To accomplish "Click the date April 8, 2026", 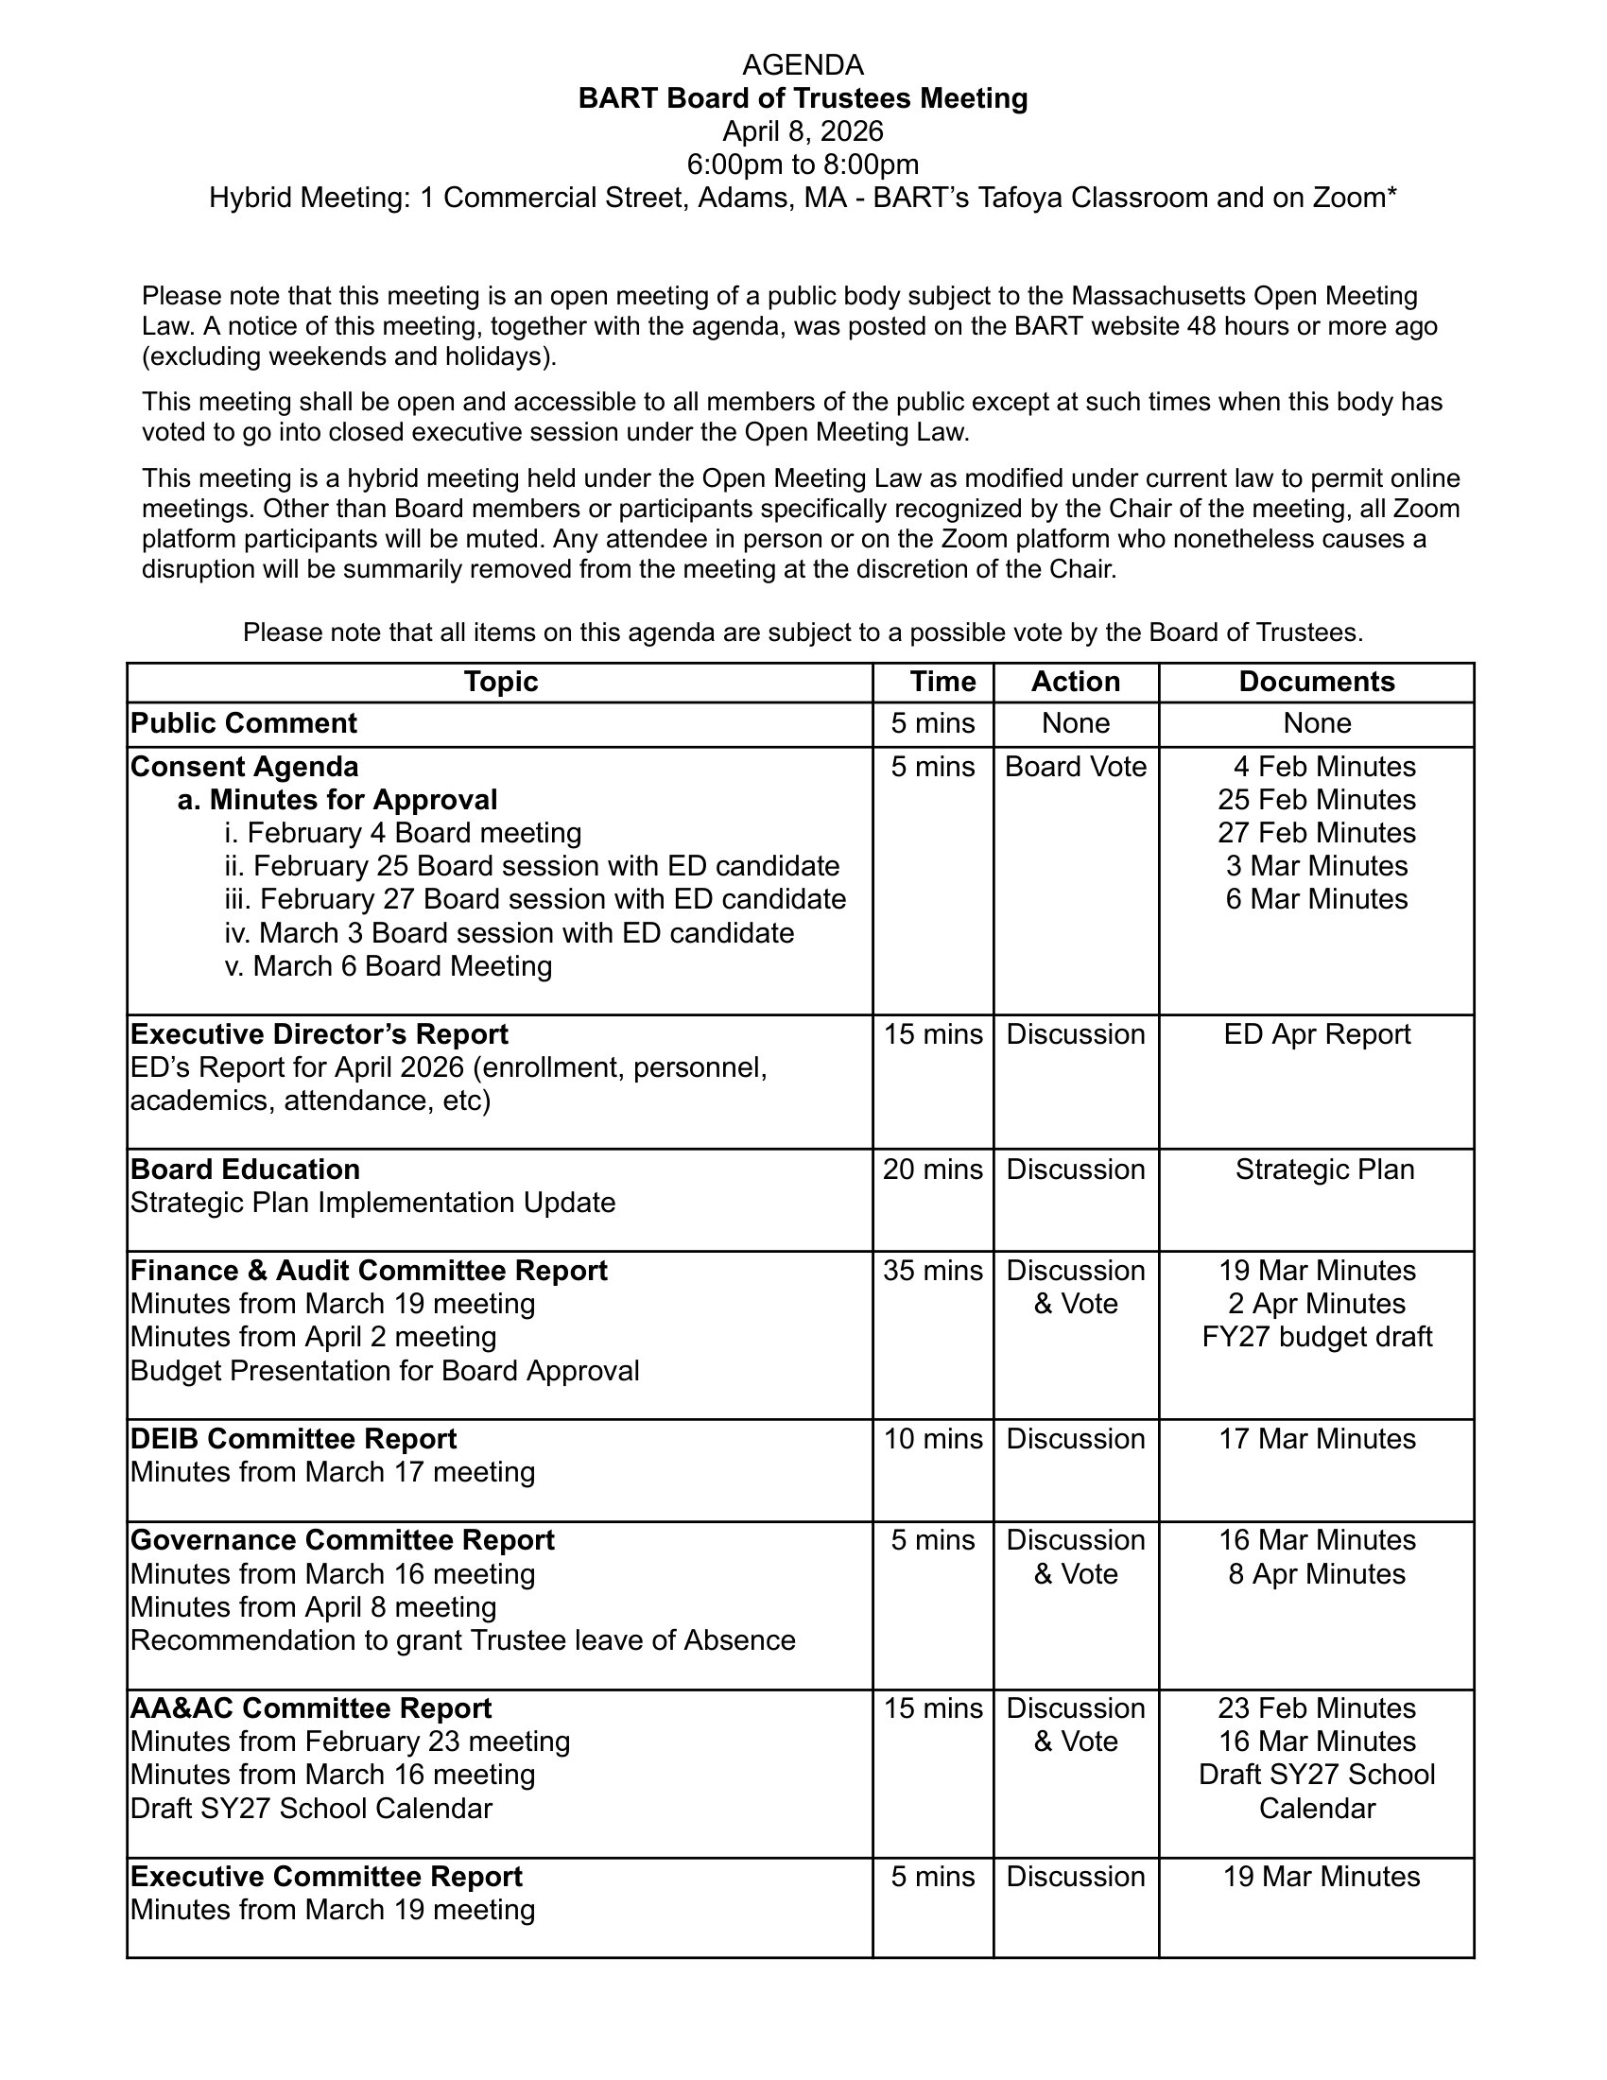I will tap(803, 130).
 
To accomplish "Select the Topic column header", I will tap(501, 681).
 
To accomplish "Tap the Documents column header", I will tap(1316, 681).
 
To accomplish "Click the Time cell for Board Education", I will tap(932, 1170).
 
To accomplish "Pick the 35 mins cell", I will tap(932, 1271).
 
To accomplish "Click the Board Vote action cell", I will tap(1076, 767).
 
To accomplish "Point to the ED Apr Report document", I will tap(1317, 1034).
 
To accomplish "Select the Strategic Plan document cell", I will tap(1324, 1170).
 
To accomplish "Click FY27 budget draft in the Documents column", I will tap(1317, 1337).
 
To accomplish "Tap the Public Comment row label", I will tap(244, 723).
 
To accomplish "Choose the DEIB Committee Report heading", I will tap(293, 1439).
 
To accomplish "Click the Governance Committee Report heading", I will tap(342, 1540).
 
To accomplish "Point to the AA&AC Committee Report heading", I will tap(310, 1708).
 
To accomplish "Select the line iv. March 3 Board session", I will tap(510, 932).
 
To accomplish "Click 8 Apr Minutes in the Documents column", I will tap(1317, 1574).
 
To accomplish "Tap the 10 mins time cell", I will tap(932, 1439).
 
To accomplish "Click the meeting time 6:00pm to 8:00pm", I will tap(803, 164).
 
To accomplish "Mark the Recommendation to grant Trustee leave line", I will tap(462, 1641).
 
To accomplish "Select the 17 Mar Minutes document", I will tap(1317, 1439).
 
